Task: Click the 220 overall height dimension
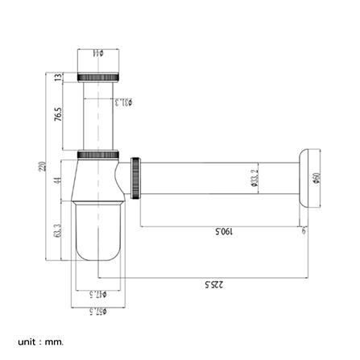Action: (41, 167)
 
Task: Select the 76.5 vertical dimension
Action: (58, 114)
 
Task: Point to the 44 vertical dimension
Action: (58, 180)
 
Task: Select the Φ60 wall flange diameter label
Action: (317, 180)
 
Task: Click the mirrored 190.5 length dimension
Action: (223, 232)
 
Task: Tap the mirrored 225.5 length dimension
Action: (214, 283)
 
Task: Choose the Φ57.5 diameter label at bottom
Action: (98, 311)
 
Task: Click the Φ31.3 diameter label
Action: (124, 102)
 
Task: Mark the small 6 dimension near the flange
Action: (304, 231)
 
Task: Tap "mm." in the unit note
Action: (54, 342)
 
